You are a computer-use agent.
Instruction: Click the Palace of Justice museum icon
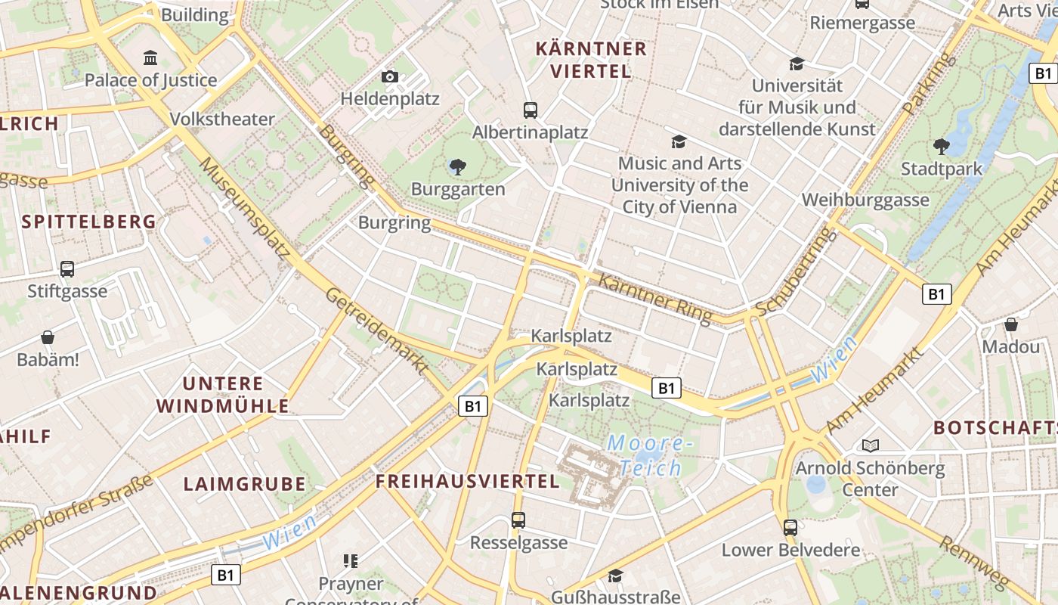(150, 57)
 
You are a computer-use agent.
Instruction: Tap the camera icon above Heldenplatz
(390, 76)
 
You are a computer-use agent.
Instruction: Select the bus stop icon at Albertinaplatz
(531, 110)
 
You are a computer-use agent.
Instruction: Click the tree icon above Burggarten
(457, 166)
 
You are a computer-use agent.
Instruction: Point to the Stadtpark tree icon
(941, 146)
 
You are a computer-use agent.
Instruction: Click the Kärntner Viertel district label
(591, 60)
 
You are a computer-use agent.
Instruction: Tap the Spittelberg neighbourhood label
(89, 222)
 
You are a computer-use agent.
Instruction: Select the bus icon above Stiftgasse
(67, 268)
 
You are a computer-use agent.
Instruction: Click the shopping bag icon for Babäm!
(48, 337)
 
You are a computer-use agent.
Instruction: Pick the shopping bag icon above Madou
(1011, 324)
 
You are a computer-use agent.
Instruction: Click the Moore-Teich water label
(650, 455)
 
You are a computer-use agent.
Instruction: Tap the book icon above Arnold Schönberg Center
(871, 446)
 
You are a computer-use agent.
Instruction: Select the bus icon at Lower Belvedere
(790, 527)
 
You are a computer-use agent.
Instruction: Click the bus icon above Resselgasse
(518, 520)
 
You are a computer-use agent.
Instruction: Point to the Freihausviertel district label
(468, 482)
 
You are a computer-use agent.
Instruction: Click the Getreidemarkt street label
(377, 330)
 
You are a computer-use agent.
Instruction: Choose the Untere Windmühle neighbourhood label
(223, 395)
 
